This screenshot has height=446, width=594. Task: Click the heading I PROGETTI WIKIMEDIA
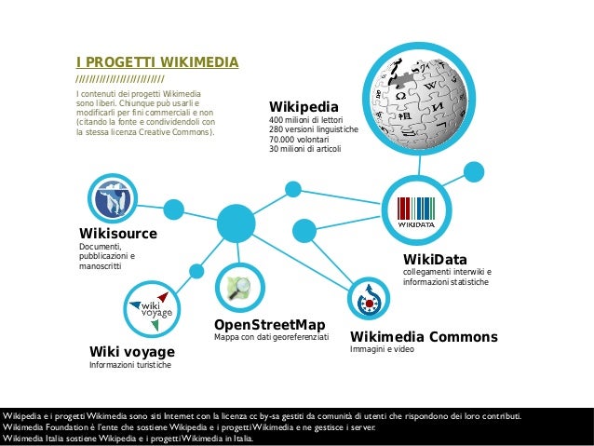[156, 62]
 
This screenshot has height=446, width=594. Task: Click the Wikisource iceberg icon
[114, 197]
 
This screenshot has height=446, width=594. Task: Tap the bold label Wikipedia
[304, 106]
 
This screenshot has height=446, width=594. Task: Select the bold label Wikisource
[118, 233]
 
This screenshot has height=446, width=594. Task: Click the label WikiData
[435, 259]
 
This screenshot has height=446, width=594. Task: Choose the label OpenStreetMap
[270, 324]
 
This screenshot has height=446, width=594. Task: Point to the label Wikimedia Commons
[424, 336]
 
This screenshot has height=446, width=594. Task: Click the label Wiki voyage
[131, 351]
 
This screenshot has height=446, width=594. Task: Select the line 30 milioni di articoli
[305, 149]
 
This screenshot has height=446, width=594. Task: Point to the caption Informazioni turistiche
[129, 365]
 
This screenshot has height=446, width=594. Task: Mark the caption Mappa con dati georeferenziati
[272, 337]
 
